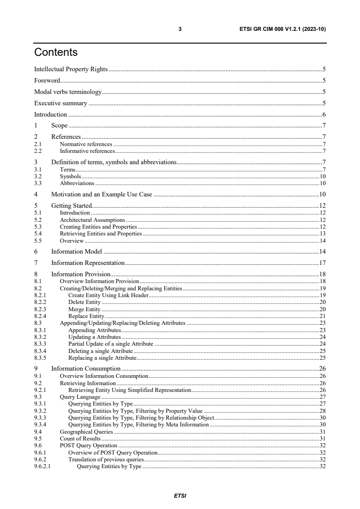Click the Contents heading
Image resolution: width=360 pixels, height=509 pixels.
click(x=56, y=53)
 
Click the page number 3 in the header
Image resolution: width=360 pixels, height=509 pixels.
click(x=180, y=29)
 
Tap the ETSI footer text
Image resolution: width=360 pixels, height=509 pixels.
click(x=180, y=495)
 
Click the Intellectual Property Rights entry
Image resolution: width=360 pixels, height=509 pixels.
click(x=71, y=69)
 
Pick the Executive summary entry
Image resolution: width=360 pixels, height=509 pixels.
click(x=60, y=103)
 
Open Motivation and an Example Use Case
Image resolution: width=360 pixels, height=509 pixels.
click(x=101, y=195)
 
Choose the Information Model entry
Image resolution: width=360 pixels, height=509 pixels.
click(x=76, y=251)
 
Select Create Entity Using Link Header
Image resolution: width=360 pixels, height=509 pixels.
click(x=108, y=295)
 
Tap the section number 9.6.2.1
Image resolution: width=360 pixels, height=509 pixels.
click(x=43, y=466)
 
